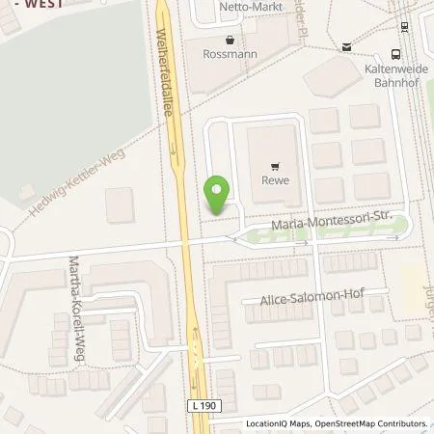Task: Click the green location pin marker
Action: click(x=219, y=193)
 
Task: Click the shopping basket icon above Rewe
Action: click(x=278, y=165)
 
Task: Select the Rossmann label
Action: click(x=229, y=55)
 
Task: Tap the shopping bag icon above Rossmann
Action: click(x=229, y=41)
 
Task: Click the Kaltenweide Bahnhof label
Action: click(x=397, y=77)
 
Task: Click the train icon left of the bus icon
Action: click(x=345, y=46)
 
